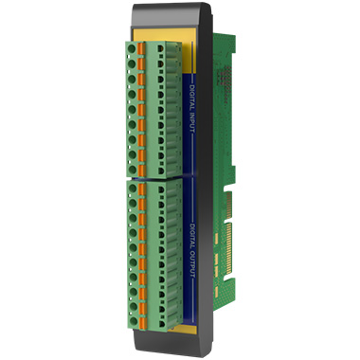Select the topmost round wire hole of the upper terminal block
[x=132, y=49]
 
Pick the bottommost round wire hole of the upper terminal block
[x=132, y=170]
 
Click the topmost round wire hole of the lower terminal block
[x=133, y=189]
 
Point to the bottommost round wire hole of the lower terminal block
[x=134, y=321]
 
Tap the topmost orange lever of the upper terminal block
[x=141, y=48]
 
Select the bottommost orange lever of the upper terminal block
[x=142, y=171]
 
